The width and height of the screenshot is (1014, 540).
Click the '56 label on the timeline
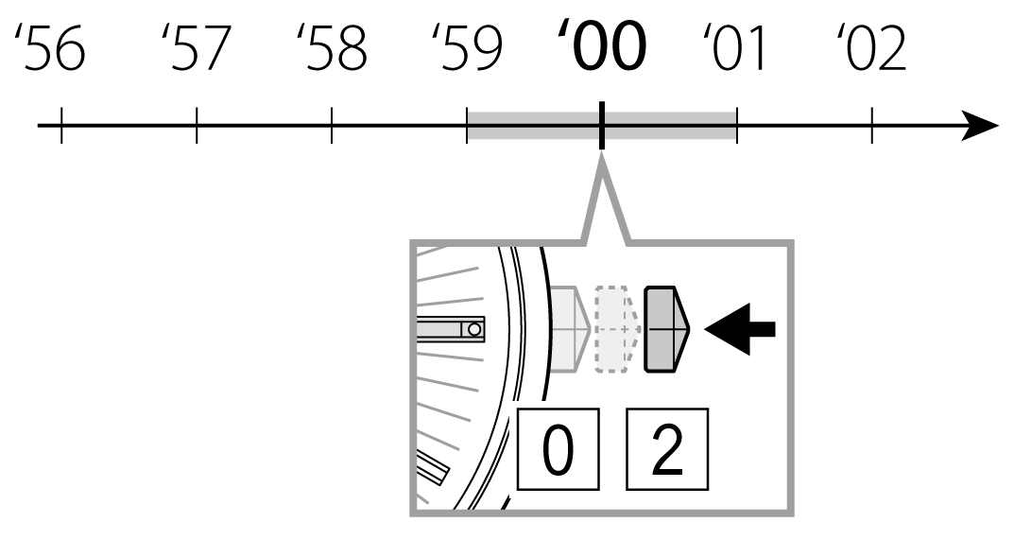[x=53, y=49]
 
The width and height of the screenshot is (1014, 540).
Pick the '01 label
[x=735, y=49]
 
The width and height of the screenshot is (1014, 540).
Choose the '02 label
[x=872, y=49]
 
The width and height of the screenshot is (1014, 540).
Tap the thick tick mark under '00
[x=601, y=127]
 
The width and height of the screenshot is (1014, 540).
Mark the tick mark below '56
[x=61, y=126]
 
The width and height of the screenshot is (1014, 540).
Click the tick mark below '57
[x=197, y=126]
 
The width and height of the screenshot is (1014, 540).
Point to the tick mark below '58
[x=332, y=126]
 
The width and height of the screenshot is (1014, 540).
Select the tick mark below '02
[x=871, y=126]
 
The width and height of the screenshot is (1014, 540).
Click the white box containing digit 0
[x=559, y=450]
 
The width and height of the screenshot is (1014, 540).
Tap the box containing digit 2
[x=668, y=450]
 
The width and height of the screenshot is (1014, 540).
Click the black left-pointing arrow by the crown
[x=741, y=328]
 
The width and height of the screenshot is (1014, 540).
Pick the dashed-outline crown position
[x=617, y=328]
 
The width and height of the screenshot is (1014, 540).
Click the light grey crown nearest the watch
[x=570, y=328]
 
